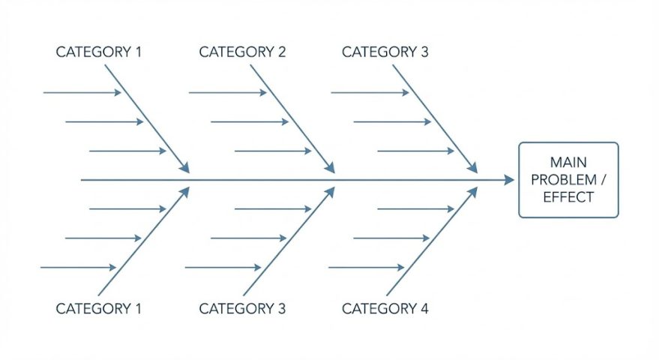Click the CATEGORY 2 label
tap(242, 52)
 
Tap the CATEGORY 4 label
tap(385, 308)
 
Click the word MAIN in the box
tap(568, 162)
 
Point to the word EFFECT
tap(568, 197)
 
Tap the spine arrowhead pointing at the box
tap(509, 180)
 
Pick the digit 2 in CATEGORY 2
tap(281, 52)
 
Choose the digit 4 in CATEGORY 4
tap(424, 308)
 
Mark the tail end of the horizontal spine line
tap(82, 180)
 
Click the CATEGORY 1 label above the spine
tap(99, 52)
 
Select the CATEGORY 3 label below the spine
tap(242, 308)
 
